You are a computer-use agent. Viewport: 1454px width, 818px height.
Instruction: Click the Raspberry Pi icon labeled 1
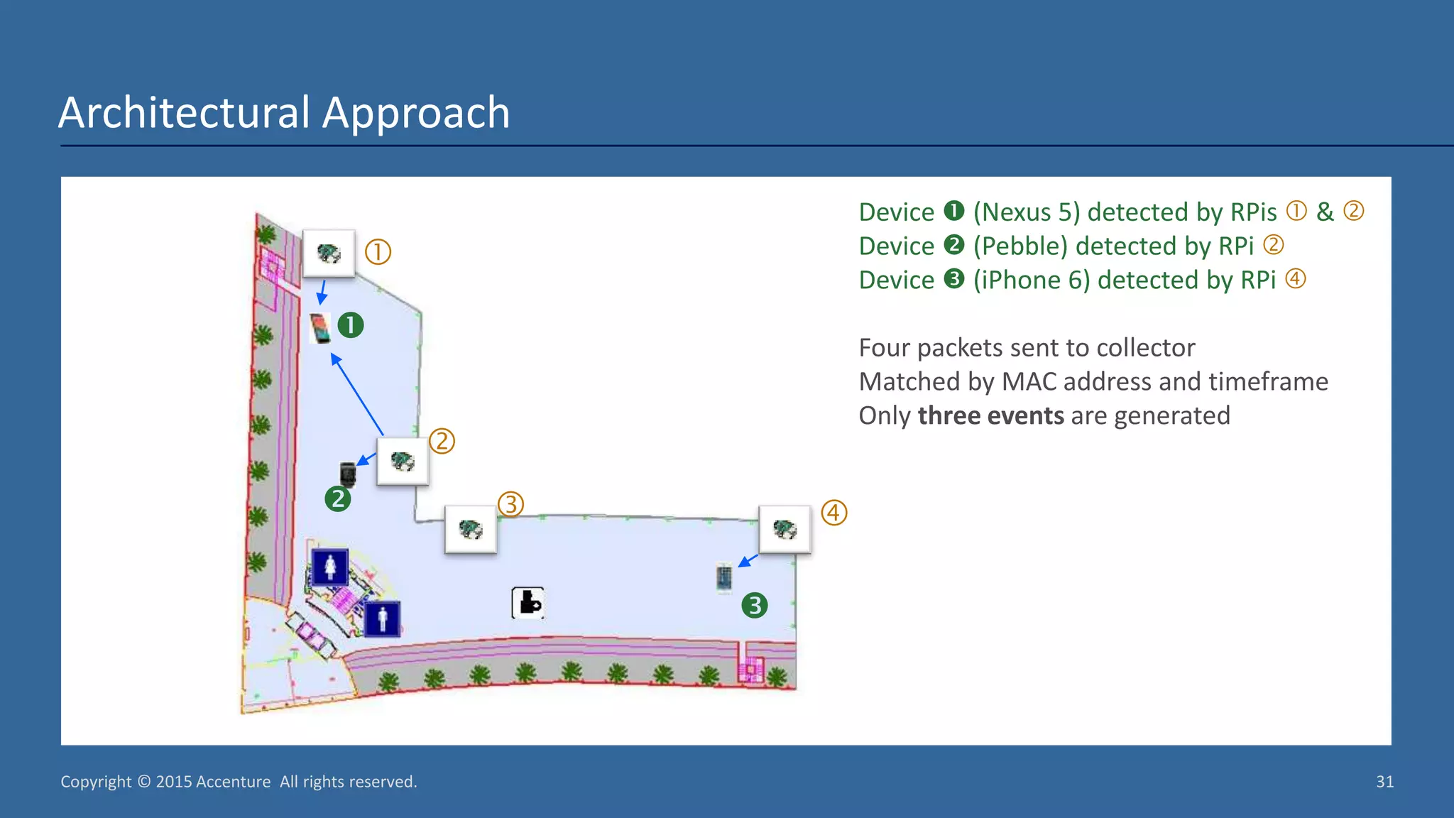point(329,253)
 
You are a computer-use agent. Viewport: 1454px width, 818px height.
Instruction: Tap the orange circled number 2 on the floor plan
point(442,441)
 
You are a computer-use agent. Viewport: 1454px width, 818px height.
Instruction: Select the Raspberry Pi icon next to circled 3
point(470,529)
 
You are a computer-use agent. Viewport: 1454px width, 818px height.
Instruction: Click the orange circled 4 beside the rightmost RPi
point(834,513)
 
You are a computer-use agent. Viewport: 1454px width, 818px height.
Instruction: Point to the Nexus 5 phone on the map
point(321,328)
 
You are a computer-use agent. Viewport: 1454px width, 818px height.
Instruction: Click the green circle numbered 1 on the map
point(350,325)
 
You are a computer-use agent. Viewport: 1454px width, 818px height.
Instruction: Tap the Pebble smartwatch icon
point(347,474)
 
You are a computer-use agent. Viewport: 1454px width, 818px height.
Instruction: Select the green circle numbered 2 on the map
point(338,498)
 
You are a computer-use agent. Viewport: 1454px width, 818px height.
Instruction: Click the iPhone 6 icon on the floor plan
point(723,577)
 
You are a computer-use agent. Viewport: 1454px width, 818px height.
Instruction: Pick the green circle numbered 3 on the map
point(754,606)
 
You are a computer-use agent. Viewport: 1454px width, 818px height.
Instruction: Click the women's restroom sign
point(330,567)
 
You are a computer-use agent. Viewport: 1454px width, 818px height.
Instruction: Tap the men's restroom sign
point(383,618)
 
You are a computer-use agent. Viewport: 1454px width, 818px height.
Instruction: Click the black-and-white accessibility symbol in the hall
point(528,603)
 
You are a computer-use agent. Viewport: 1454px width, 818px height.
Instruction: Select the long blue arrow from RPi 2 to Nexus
point(358,396)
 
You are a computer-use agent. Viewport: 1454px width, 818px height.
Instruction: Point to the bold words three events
point(990,415)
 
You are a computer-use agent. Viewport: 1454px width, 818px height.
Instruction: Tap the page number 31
point(1384,782)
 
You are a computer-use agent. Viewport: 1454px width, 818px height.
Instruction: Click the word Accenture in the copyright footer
point(233,782)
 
